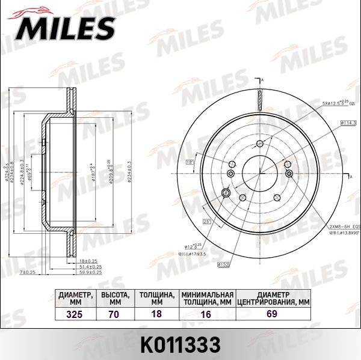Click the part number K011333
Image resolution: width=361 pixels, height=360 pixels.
180,344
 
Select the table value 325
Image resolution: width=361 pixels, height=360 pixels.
75,314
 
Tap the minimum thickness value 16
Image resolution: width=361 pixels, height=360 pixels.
207,314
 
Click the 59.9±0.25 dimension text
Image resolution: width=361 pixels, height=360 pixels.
87,272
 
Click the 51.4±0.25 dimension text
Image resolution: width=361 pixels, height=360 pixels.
87,266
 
